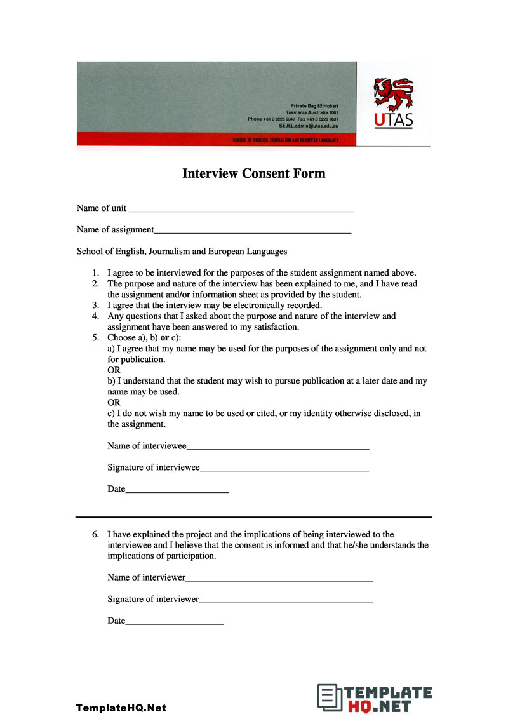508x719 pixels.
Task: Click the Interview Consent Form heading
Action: (253, 173)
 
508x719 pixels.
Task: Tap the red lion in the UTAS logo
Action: (392, 93)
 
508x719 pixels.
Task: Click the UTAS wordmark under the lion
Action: (393, 120)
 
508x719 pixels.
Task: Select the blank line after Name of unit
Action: (241, 210)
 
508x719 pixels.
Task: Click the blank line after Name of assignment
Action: (253, 232)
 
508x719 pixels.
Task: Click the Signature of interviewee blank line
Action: (284, 469)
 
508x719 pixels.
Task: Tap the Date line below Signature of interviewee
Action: (177, 491)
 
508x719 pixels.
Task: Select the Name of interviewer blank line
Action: (279, 579)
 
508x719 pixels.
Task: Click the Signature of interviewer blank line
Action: (286, 601)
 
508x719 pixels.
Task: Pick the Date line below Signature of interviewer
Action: (175, 622)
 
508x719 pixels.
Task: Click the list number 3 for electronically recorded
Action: (95, 305)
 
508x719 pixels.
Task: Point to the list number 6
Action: (95, 535)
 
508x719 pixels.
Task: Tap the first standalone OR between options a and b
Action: (114, 370)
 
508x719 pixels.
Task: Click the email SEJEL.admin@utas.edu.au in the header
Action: (308, 126)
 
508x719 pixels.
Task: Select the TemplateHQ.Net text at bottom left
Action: (121, 708)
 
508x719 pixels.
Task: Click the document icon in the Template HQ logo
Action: (328, 698)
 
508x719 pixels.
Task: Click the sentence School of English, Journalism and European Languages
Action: (182, 252)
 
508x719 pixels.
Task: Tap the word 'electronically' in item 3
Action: (241, 305)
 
